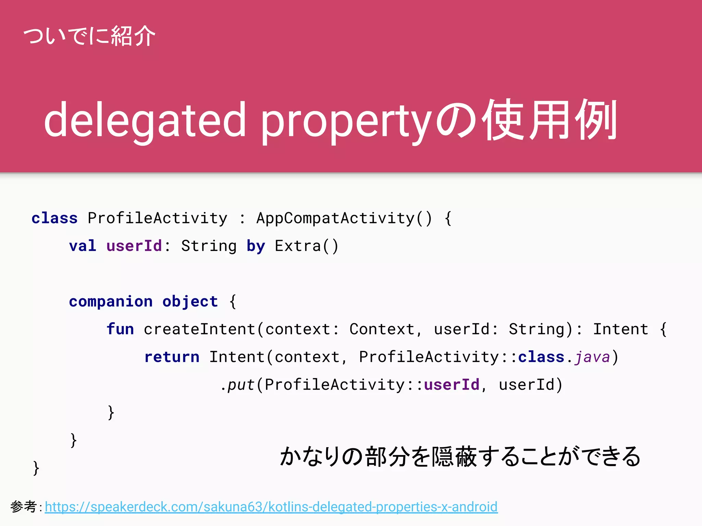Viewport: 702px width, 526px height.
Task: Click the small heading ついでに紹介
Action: pyautogui.click(x=89, y=36)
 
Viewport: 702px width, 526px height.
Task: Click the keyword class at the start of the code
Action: pyautogui.click(x=55, y=218)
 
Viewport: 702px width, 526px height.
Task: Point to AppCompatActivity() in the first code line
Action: pyautogui.click(x=344, y=218)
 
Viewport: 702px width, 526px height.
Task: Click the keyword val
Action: pyautogui.click(x=83, y=246)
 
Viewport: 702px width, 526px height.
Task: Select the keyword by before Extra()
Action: pyautogui.click(x=256, y=246)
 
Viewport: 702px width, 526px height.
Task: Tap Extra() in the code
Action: pyautogui.click(x=306, y=246)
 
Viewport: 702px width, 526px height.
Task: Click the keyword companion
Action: pyautogui.click(x=111, y=301)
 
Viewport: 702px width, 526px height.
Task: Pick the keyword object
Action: pyautogui.click(x=190, y=301)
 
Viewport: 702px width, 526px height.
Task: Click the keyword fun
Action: pyautogui.click(x=120, y=329)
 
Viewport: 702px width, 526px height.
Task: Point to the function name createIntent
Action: pyautogui.click(x=199, y=329)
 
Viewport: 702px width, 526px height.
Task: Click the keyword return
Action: pyautogui.click(x=172, y=357)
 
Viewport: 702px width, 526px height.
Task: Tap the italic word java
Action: pyautogui.click(x=592, y=357)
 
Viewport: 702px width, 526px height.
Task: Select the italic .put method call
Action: pyautogui.click(x=238, y=385)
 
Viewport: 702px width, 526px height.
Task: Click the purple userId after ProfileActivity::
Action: pyautogui.click(x=451, y=385)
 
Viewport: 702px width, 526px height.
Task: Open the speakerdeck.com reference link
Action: pyautogui.click(x=271, y=507)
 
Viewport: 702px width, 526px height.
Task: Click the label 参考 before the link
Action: pyautogui.click(x=23, y=506)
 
